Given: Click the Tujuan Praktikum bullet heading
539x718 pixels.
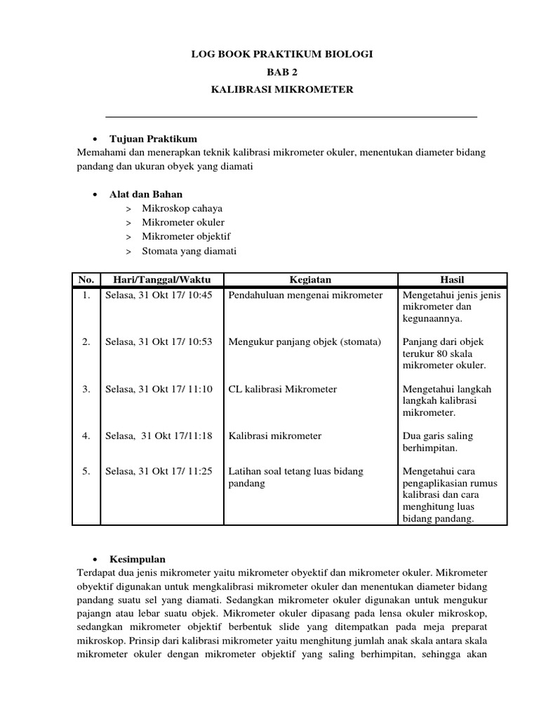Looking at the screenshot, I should pos(153,139).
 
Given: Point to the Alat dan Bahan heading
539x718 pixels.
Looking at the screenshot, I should pos(146,194).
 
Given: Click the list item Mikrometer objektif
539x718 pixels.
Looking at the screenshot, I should pos(186,236).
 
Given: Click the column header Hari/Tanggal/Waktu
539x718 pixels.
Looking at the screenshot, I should pos(162,280).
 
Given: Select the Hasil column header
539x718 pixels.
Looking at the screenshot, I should pos(452,280).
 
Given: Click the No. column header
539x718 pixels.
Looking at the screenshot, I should pos(86,280).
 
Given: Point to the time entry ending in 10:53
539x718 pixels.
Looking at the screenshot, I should pos(159,341).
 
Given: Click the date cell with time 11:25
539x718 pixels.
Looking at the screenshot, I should pos(159,471).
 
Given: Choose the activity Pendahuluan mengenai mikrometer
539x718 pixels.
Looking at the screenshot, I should pos(305,295).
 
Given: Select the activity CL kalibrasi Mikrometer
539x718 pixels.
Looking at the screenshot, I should pos(283,388).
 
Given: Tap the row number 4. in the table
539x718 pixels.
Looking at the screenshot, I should pos(86,435).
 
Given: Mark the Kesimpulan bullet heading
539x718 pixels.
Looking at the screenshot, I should pos(138,560).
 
